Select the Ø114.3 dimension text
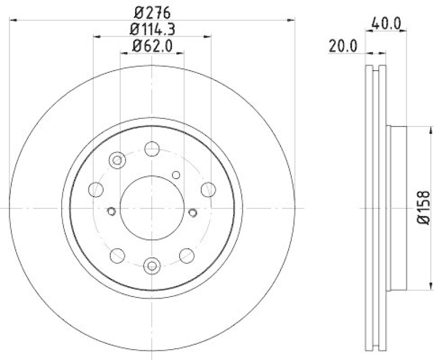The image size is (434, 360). pos(152,28)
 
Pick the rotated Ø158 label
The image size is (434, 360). pos(424,208)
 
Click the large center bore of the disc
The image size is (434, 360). pos(152,208)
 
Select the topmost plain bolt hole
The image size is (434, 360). pos(152,148)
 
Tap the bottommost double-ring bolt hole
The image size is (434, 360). pos(152,266)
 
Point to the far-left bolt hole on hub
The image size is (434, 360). pos(96,190)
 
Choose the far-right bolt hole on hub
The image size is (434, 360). pos(208,190)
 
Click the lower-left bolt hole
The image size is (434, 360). pos(117,255)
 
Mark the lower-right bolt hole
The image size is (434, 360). pos(187,255)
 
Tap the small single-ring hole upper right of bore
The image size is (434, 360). pos(175,174)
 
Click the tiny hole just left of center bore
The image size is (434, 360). pos(112,211)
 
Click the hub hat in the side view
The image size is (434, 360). pos(397,208)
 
